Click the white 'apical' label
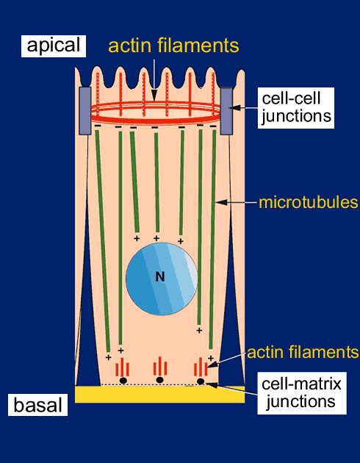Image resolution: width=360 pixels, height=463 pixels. pos(54,46)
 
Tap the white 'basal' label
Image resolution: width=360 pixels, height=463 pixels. pos(37,405)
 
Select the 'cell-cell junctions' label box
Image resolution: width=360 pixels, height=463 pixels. pos(296,108)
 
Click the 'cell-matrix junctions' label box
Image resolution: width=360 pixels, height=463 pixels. pos(302,393)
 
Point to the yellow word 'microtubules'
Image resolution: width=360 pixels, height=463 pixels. pos(308,203)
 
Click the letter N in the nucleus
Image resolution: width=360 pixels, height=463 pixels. pos(160,277)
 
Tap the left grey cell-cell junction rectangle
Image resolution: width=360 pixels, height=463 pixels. pos(85,111)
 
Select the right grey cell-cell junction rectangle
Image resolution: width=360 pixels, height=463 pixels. pos(226,111)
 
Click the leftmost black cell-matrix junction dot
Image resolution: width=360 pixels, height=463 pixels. pos(123,381)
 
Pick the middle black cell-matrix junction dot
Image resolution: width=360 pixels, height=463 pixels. pos(159,380)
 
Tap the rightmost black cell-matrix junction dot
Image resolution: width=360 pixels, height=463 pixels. pos(201,381)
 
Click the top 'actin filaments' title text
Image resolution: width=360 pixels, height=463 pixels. pos(173,46)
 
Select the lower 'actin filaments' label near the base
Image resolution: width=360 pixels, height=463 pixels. pos(303,352)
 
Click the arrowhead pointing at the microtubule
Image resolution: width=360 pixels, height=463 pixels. pos(222,202)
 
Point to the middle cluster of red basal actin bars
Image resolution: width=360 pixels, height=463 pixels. pos(160,366)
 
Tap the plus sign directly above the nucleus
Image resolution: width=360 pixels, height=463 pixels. pos(156,238)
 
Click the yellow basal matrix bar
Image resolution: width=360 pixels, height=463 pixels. pos(159,394)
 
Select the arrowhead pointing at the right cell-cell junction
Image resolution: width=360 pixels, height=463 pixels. pos(233,108)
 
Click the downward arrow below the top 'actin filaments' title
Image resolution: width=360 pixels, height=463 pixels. pos(154,80)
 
